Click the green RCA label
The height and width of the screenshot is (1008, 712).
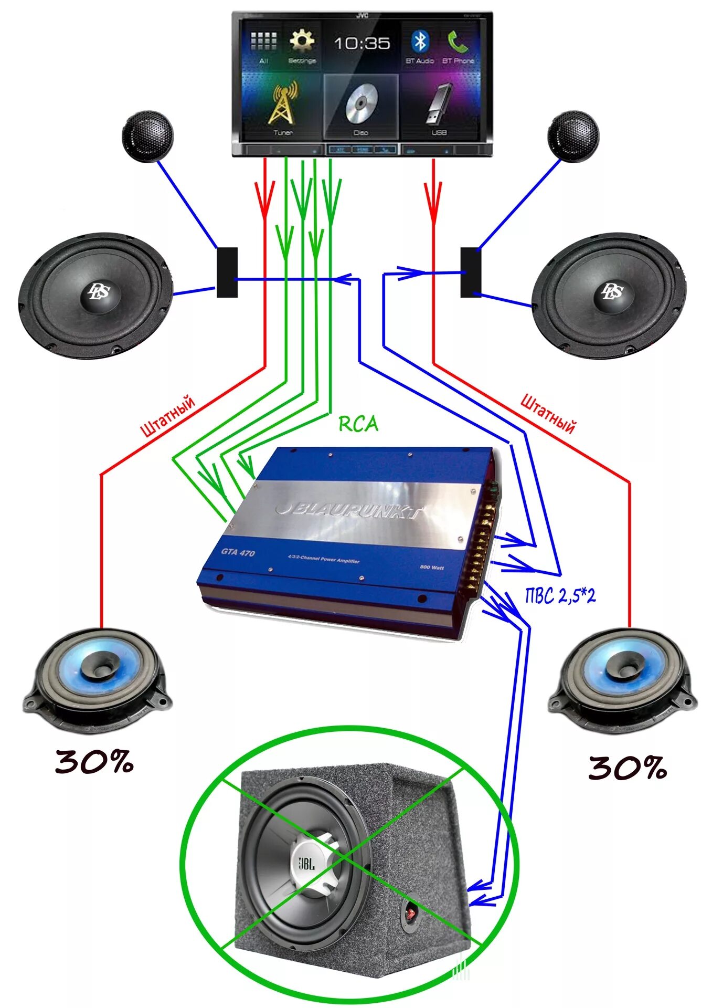pyautogui.click(x=358, y=424)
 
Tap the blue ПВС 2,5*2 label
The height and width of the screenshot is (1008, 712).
pyautogui.click(x=560, y=595)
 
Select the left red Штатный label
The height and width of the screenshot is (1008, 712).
pyautogui.click(x=168, y=416)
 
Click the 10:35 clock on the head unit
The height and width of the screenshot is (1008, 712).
pyautogui.click(x=362, y=44)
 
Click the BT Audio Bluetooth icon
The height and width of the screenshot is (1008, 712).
pyautogui.click(x=420, y=41)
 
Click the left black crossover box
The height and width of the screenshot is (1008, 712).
pyautogui.click(x=227, y=272)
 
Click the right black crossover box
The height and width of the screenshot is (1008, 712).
pyautogui.click(x=470, y=272)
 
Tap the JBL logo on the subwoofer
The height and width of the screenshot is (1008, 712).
pyautogui.click(x=307, y=863)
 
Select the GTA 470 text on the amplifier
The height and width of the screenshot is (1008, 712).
pyautogui.click(x=238, y=552)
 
